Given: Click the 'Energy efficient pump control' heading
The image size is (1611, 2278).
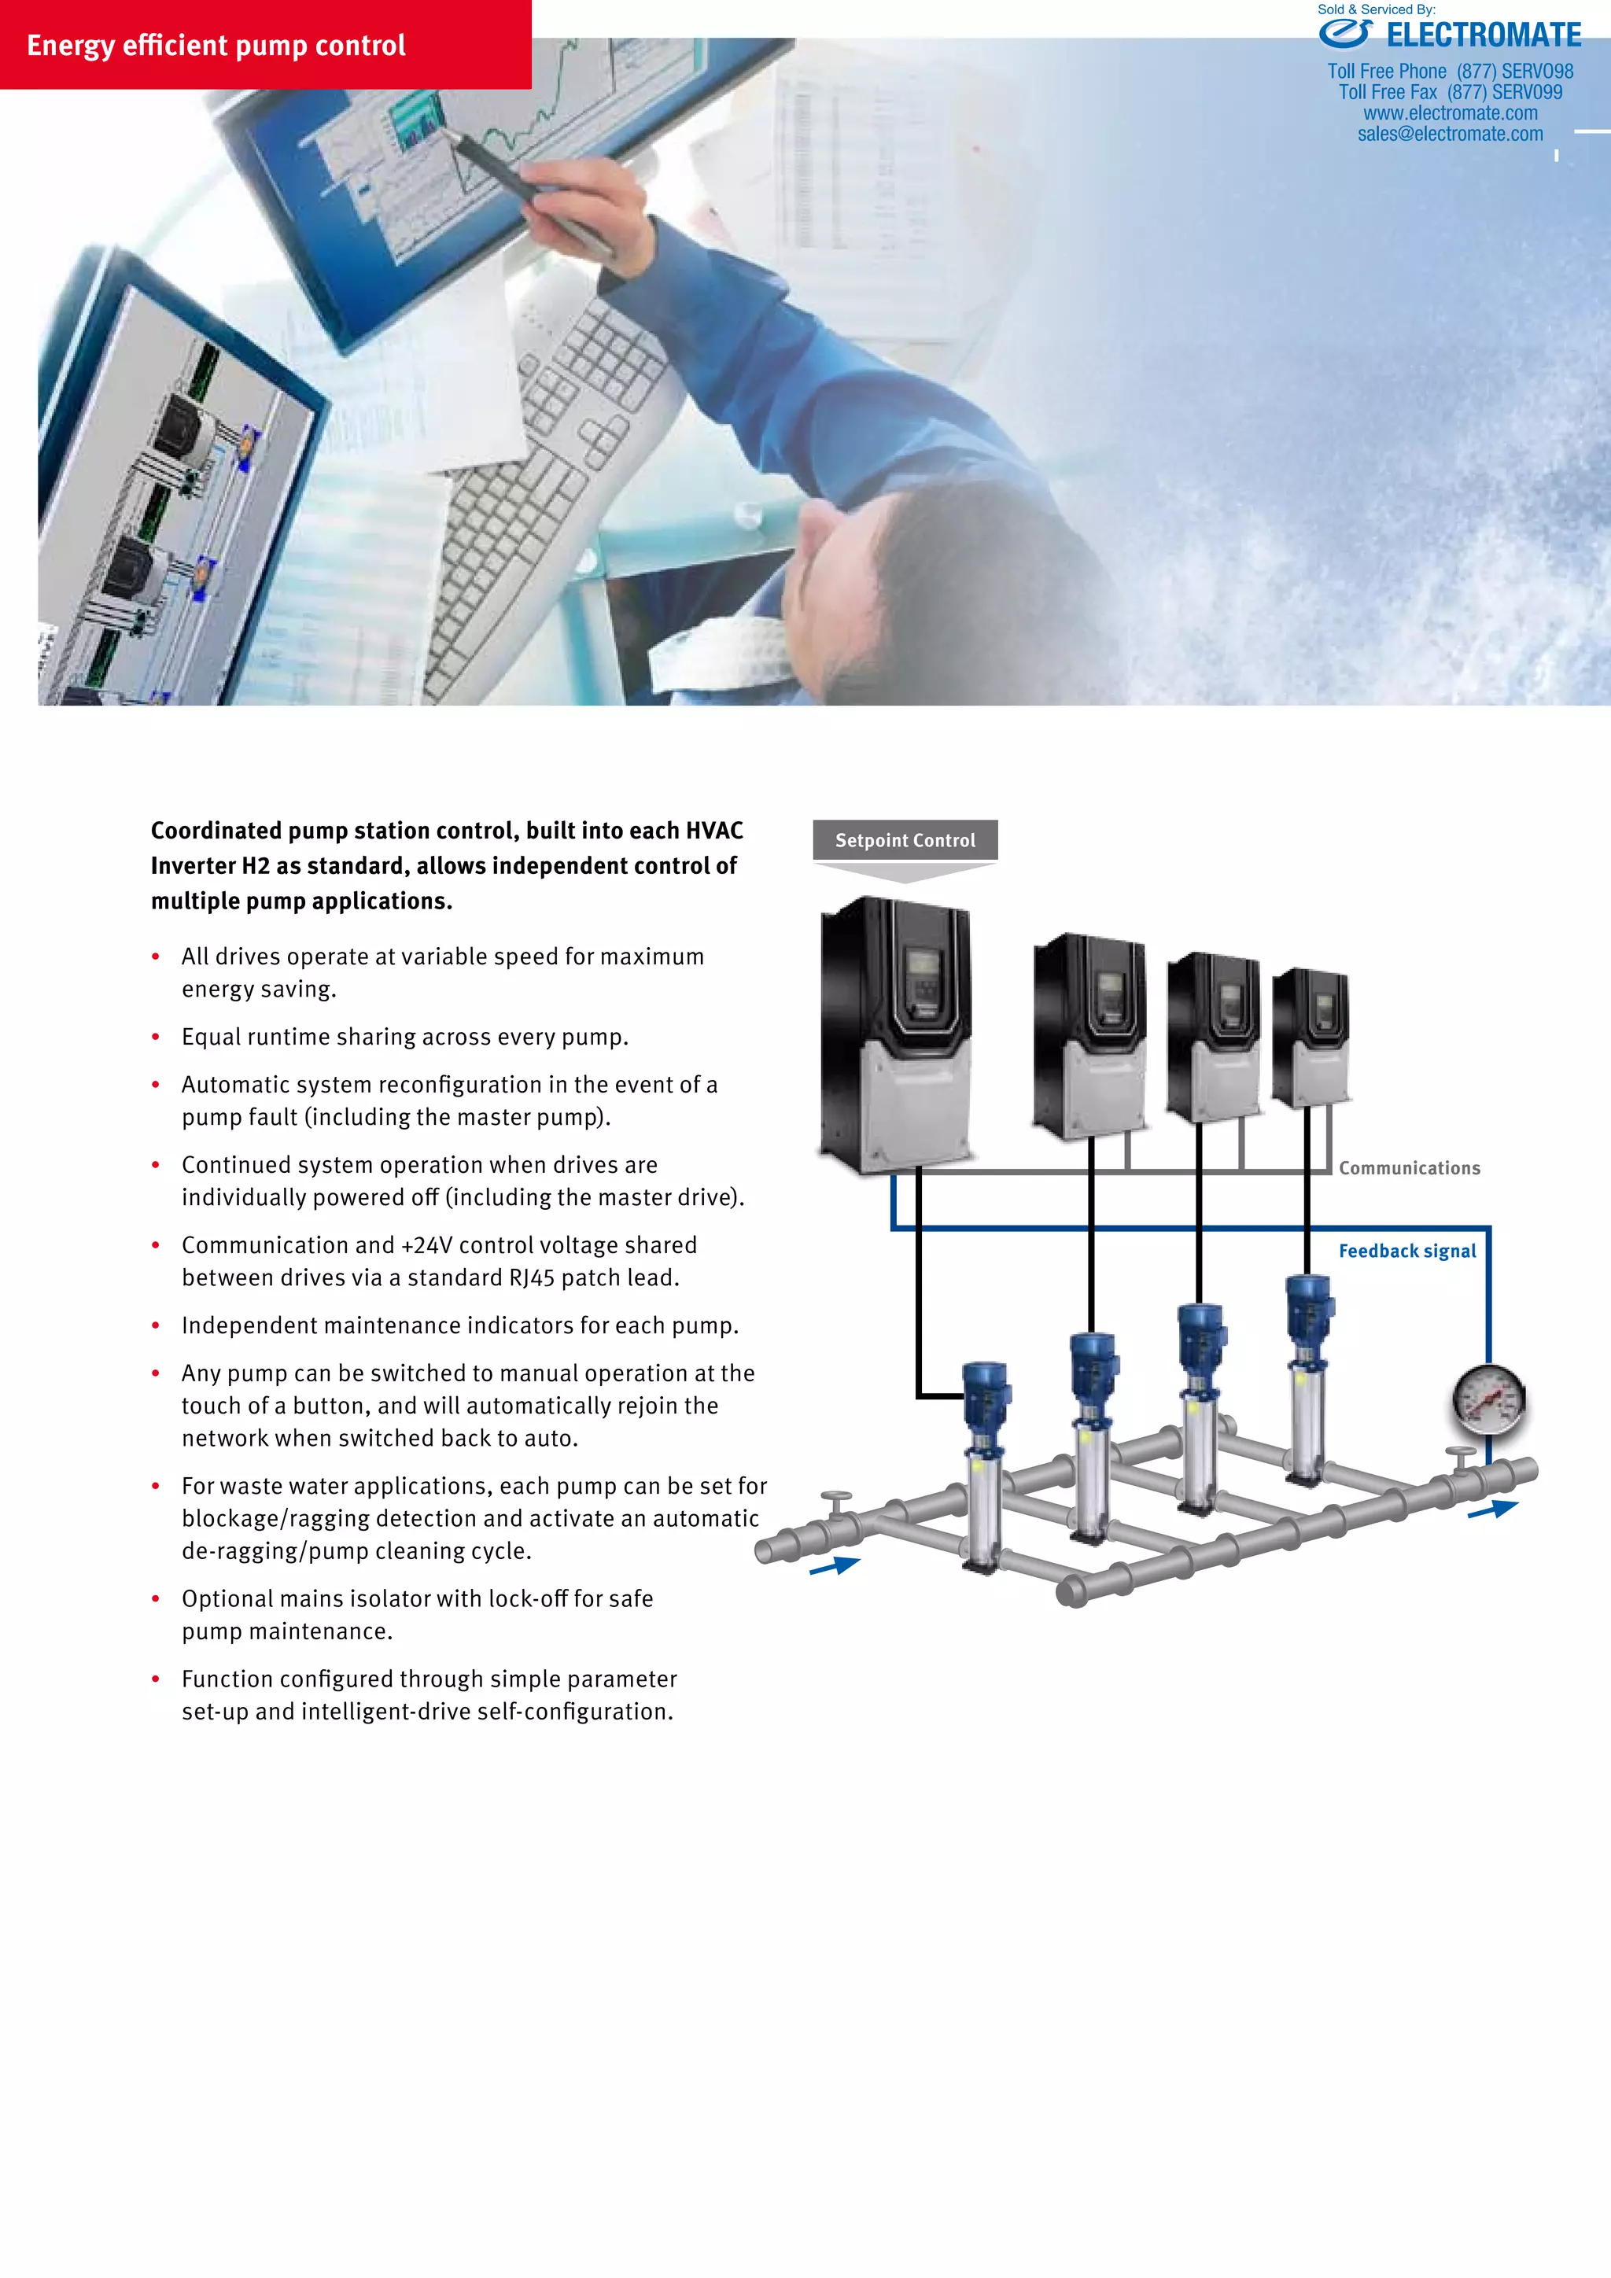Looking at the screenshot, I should (x=216, y=46).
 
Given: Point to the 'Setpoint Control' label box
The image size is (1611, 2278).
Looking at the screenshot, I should (x=905, y=840).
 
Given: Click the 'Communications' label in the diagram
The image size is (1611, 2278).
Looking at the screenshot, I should (x=1409, y=1169).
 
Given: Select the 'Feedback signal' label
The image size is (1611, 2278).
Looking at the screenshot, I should (x=1406, y=1251).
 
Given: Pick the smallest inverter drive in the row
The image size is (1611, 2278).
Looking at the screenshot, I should (x=1311, y=1037).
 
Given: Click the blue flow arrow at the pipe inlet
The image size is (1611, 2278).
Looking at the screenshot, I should (x=835, y=1565).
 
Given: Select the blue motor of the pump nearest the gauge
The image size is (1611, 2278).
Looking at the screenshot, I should (x=1308, y=1302).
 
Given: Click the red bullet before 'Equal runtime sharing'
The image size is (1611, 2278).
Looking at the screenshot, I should (x=156, y=1037).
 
